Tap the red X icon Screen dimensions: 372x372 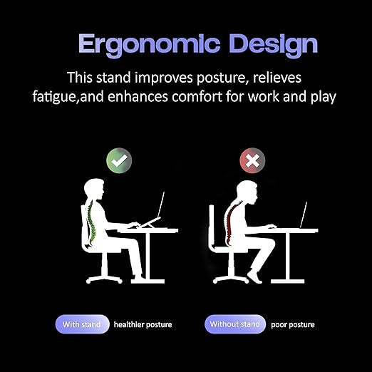tap(252, 160)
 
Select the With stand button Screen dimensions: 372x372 tap(82, 324)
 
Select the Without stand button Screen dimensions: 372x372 tap(234, 324)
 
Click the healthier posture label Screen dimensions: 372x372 tap(143, 325)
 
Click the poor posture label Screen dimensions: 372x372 tap(292, 325)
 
